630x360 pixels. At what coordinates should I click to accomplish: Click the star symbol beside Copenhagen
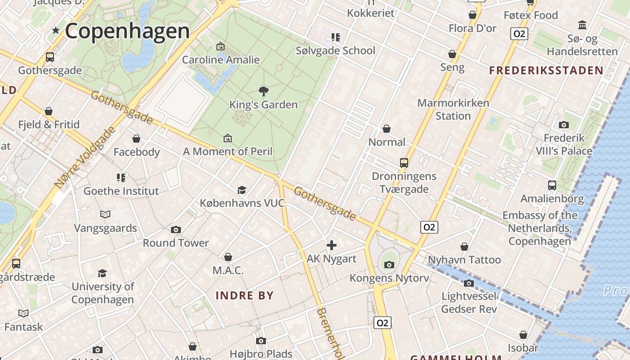56,31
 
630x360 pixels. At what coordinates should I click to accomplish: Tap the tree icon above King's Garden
264,91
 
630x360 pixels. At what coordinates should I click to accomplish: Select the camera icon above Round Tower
176,230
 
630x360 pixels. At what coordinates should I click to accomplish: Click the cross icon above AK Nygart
332,245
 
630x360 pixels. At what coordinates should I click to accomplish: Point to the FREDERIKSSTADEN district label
546,70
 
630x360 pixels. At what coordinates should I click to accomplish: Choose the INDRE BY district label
244,296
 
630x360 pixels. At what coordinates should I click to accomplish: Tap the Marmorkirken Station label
453,109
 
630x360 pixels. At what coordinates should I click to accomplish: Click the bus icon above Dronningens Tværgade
404,163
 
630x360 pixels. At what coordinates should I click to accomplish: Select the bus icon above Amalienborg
552,185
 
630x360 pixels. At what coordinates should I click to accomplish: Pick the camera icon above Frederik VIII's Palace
564,125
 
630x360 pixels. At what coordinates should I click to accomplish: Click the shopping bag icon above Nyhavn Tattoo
464,247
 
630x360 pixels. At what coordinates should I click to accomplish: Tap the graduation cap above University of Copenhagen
103,273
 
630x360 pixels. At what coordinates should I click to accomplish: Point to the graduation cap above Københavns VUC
242,190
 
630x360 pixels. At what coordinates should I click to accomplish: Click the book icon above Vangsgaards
105,215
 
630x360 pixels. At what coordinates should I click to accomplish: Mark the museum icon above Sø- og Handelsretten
582,25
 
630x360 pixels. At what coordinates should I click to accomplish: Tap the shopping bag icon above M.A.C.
228,257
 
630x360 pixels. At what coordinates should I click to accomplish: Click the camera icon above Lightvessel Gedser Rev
469,283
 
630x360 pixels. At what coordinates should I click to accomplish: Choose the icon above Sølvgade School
336,37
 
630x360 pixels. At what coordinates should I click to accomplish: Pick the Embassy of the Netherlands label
540,228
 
